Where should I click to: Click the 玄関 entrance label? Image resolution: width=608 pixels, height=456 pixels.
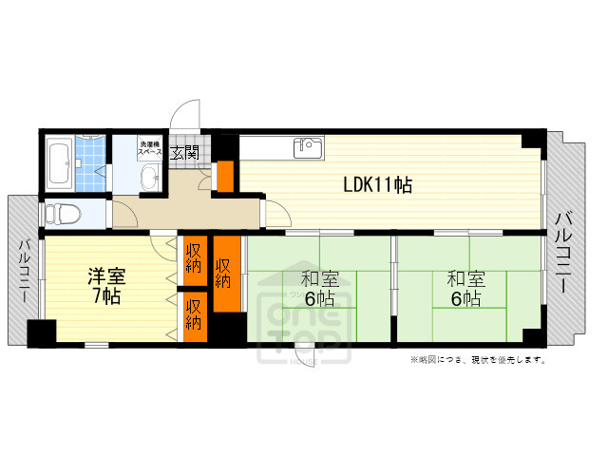click(x=184, y=151)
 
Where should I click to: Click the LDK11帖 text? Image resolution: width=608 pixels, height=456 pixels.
click(x=377, y=184)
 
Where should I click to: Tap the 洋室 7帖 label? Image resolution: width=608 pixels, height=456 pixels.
click(x=105, y=286)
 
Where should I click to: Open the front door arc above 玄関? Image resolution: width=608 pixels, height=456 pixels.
click(x=188, y=116)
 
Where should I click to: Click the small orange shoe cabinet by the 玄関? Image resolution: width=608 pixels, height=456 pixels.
click(x=225, y=176)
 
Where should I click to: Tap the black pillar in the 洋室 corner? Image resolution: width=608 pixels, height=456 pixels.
click(x=42, y=334)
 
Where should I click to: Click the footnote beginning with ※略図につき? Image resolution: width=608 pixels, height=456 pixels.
click(x=478, y=360)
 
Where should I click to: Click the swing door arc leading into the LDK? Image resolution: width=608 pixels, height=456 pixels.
click(x=275, y=216)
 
